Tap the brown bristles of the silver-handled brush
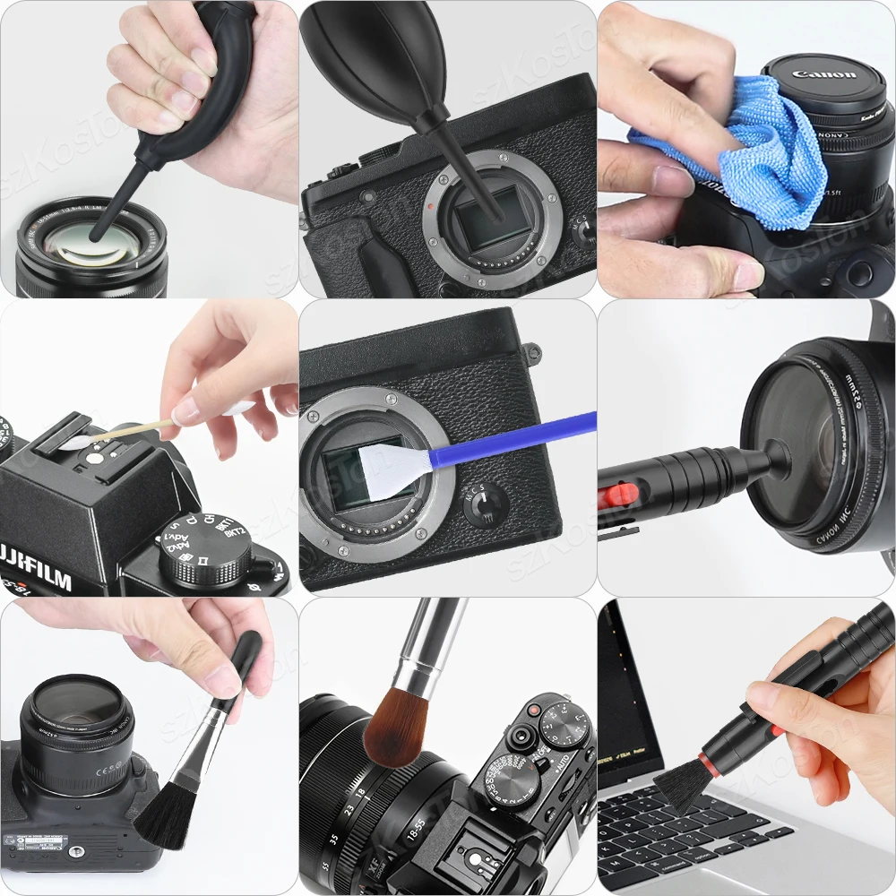point(395,730)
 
